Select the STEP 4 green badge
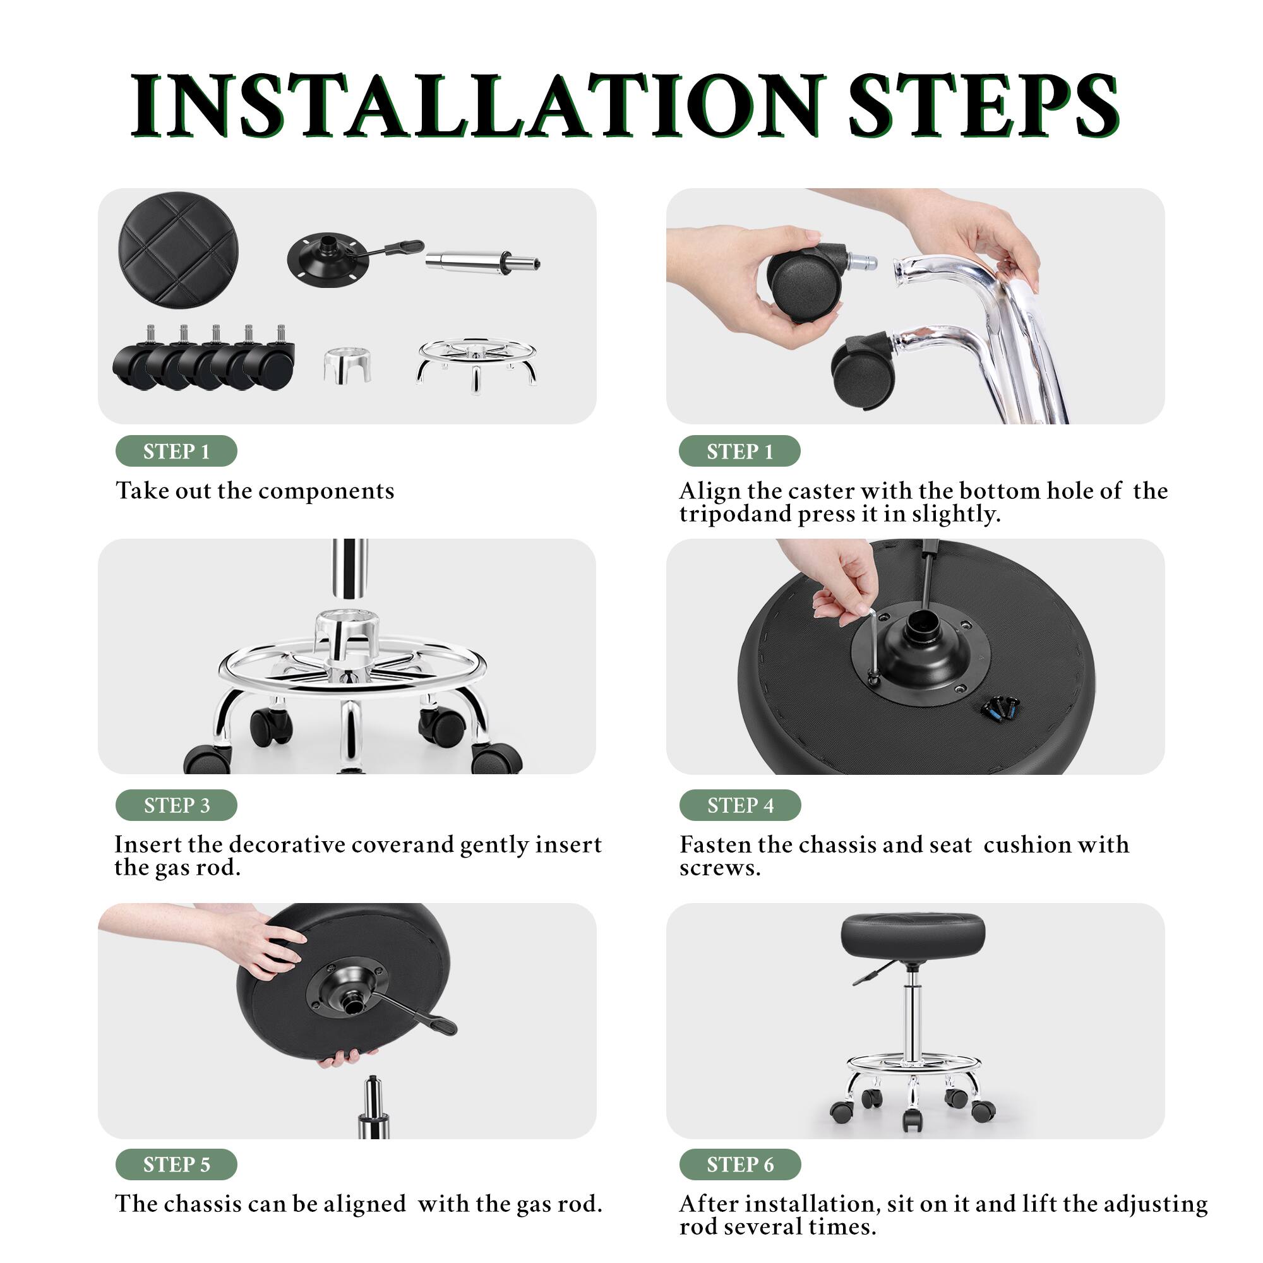point(739,805)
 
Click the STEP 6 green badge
point(739,1164)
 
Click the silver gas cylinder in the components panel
point(481,263)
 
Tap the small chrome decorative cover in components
point(348,365)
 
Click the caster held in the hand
point(801,282)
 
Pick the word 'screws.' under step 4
point(720,868)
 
